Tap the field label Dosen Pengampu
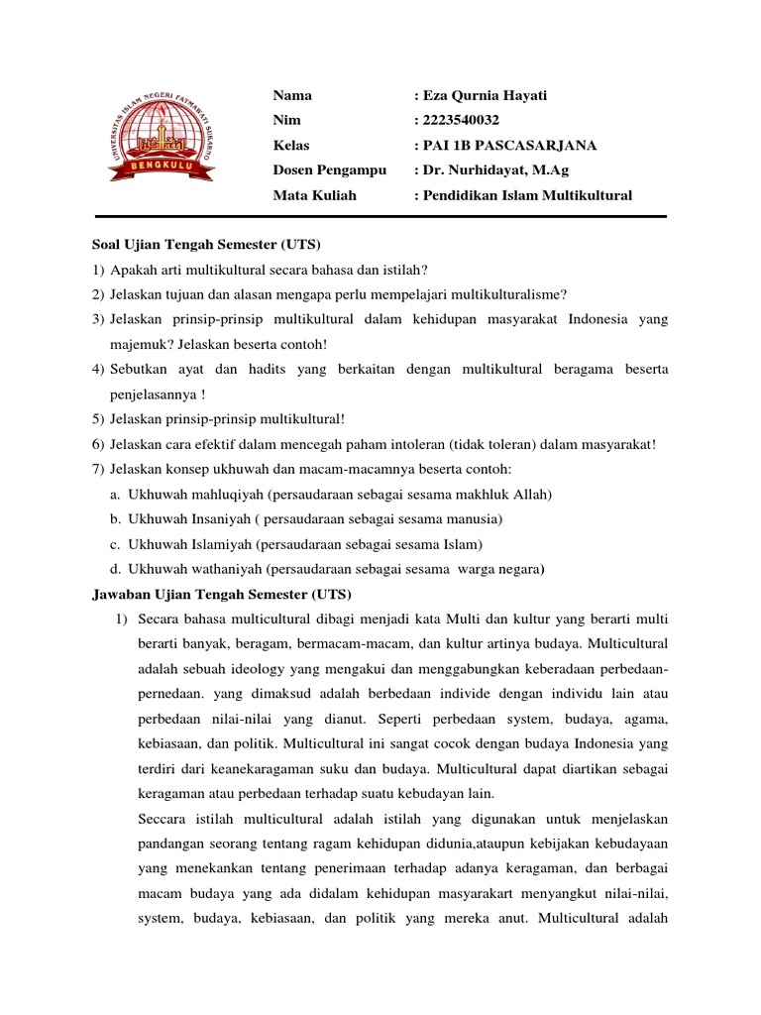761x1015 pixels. click(x=329, y=170)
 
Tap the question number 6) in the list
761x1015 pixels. click(x=98, y=444)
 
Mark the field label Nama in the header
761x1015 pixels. click(x=292, y=95)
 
